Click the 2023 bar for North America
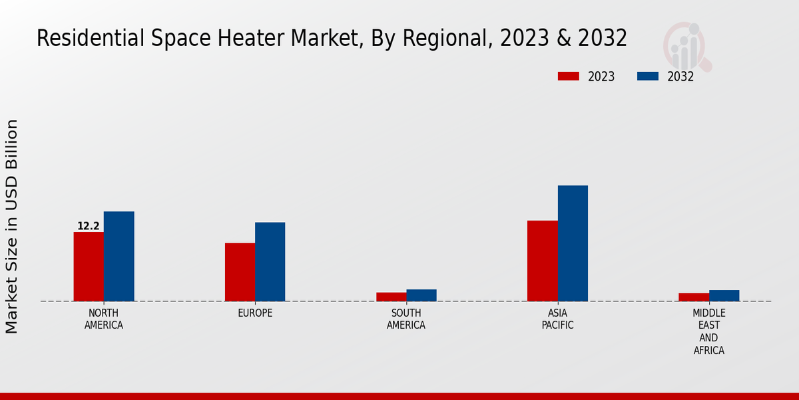click(89, 267)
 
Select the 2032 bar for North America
click(119, 256)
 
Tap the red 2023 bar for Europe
click(240, 272)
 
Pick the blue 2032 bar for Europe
click(270, 261)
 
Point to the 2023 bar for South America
click(391, 297)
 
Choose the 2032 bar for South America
click(421, 295)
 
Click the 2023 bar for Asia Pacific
click(542, 261)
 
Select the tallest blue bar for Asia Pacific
click(573, 243)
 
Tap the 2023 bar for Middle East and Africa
click(694, 297)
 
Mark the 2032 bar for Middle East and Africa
click(724, 295)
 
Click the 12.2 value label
click(89, 227)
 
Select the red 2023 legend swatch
click(569, 76)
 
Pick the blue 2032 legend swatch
click(648, 76)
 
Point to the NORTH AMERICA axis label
click(104, 319)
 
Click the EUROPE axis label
click(255, 313)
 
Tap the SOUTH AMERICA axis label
click(406, 319)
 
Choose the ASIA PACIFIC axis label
click(557, 319)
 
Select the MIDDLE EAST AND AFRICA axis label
click(709, 331)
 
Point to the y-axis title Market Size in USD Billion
click(12, 227)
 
